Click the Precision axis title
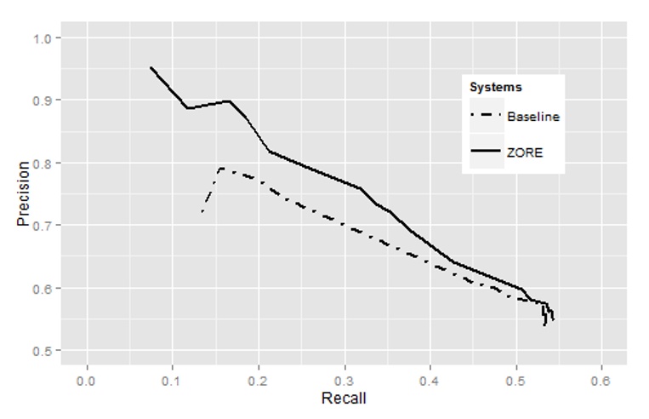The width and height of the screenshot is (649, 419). tap(23, 193)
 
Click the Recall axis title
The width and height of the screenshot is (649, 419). tap(344, 398)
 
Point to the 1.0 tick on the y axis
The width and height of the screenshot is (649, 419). tap(43, 38)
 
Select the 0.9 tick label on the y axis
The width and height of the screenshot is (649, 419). tap(43, 100)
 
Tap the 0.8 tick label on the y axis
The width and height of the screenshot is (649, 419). tap(43, 163)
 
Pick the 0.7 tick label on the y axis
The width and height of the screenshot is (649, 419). tap(43, 226)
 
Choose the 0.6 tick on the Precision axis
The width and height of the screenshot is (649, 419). tap(43, 288)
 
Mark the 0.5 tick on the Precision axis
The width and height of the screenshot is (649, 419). tap(43, 351)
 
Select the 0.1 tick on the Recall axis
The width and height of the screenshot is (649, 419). tap(173, 379)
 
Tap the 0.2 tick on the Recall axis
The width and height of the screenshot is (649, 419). tap(259, 379)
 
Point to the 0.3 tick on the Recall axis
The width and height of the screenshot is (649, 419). tap(344, 379)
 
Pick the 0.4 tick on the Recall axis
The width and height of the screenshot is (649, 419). tap(430, 379)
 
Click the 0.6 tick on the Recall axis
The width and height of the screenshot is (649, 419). tap(601, 379)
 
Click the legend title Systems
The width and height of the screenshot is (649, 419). tap(496, 87)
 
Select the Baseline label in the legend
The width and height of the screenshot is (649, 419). tap(533, 117)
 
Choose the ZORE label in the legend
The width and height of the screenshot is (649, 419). tap(525, 153)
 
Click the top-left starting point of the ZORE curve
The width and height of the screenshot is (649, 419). tap(151, 67)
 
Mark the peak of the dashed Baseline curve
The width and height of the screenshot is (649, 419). tap(221, 169)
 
